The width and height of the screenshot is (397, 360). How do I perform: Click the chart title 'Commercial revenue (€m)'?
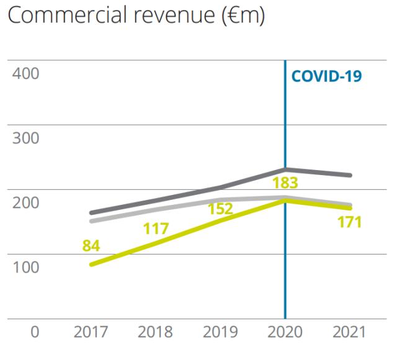pyautogui.click(x=136, y=16)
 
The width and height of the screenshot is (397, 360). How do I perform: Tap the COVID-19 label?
pyautogui.click(x=326, y=76)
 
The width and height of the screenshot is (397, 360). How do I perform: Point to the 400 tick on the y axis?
pyautogui.click(x=25, y=73)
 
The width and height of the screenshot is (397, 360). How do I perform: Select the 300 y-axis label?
pyautogui.click(x=25, y=138)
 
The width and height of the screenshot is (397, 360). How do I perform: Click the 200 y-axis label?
pyautogui.click(x=25, y=202)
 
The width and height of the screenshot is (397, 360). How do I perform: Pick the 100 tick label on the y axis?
pyautogui.click(x=25, y=267)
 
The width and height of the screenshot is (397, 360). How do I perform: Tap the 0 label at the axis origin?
pyautogui.click(x=35, y=331)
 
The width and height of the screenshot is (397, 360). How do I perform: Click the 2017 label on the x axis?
pyautogui.click(x=91, y=331)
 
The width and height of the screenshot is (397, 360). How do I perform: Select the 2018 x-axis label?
pyautogui.click(x=155, y=331)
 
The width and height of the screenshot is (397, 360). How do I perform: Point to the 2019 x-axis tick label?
pyautogui.click(x=220, y=331)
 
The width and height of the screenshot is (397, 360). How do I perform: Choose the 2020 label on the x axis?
pyautogui.click(x=285, y=331)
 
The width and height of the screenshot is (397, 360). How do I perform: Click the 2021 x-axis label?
pyautogui.click(x=349, y=331)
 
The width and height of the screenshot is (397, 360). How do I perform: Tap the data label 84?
pyautogui.click(x=91, y=246)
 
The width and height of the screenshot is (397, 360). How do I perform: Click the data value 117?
pyautogui.click(x=156, y=229)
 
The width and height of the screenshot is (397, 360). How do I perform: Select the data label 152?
pyautogui.click(x=220, y=209)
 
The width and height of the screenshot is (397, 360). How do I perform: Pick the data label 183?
pyautogui.click(x=285, y=183)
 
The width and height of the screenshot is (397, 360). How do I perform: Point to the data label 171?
pyautogui.click(x=349, y=222)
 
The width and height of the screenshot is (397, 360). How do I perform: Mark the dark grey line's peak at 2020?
pyautogui.click(x=285, y=169)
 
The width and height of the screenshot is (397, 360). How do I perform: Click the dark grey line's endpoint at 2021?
pyautogui.click(x=350, y=175)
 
